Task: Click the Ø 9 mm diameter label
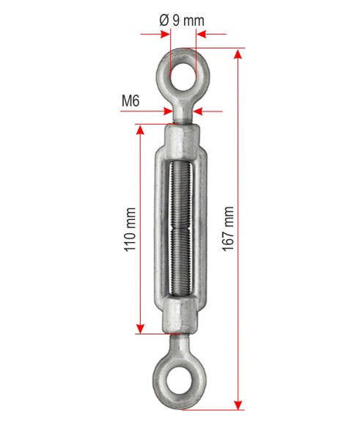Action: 182,21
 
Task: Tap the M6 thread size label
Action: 131,100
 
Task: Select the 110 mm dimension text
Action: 131,230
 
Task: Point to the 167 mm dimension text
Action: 228,229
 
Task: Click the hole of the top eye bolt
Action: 183,77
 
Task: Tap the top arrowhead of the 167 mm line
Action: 238,54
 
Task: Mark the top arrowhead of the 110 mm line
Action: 140,130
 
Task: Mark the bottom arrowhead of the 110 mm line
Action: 140,329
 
